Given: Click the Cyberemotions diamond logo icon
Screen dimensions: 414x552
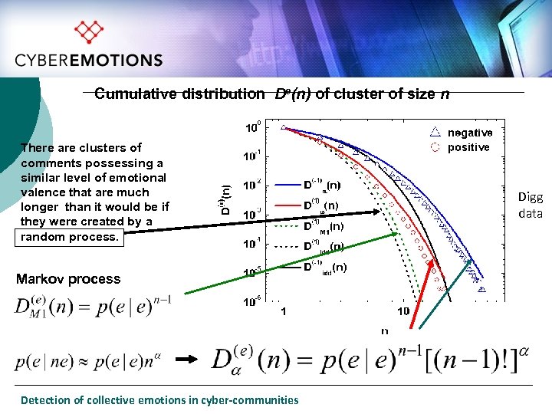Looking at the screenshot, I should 88,32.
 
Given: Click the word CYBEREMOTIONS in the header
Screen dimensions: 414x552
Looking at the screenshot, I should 89,61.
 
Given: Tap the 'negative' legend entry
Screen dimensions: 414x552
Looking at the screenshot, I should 469,133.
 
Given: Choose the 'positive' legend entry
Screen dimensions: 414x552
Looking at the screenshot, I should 468,146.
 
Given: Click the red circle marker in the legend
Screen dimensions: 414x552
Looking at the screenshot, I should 435,146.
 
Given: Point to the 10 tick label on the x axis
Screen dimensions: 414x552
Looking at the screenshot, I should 403,311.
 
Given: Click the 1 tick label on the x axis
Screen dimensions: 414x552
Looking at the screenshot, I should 284,311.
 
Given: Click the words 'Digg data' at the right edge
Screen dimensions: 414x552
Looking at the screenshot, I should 531,205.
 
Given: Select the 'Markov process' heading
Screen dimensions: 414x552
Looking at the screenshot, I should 68,279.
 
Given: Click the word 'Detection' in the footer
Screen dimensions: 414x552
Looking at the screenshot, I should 45,399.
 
